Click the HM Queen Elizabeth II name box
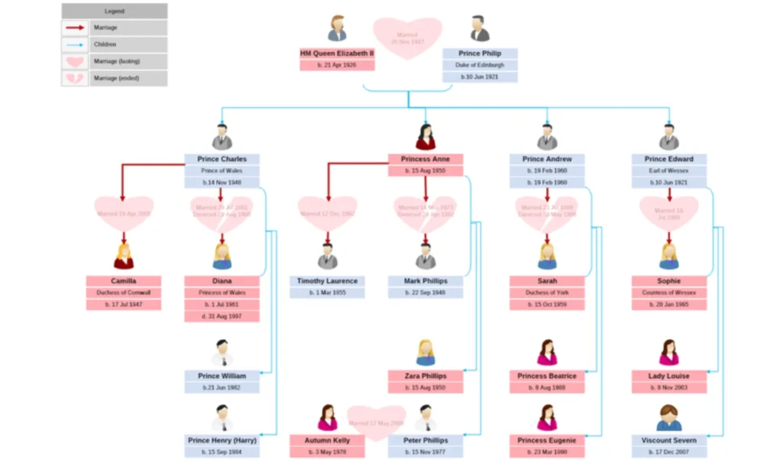click(337, 54)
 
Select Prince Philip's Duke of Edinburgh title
click(480, 65)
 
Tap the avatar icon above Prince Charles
click(222, 137)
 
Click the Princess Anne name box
click(426, 159)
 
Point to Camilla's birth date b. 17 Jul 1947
click(123, 305)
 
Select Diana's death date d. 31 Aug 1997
click(222, 316)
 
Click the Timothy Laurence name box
click(328, 281)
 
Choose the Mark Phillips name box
click(426, 281)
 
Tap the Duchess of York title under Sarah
click(547, 292)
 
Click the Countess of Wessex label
click(669, 292)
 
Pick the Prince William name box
click(222, 376)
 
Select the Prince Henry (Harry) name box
click(222, 440)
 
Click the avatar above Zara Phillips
click(426, 353)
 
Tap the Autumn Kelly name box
click(328, 440)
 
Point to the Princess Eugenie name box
click(547, 440)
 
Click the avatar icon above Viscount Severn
click(669, 418)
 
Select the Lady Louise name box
click(669, 376)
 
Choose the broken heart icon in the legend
click(75, 78)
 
